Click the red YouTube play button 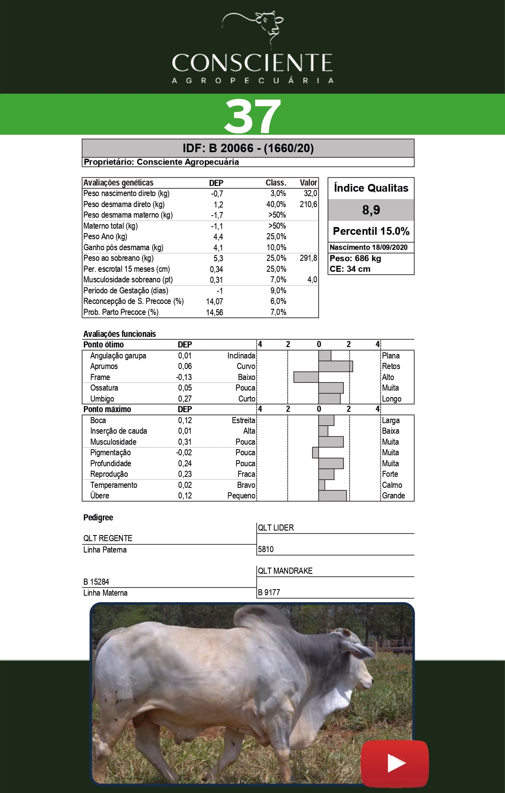394,763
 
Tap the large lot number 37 252,116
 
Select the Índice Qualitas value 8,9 371,210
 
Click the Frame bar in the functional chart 306,377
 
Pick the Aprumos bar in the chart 336,366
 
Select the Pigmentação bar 315,452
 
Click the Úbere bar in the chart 332,496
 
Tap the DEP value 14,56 214,312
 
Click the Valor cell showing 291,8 308,258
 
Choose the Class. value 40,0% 276,204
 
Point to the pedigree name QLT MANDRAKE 285,571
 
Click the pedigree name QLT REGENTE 108,538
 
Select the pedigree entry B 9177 269,592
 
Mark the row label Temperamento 114,485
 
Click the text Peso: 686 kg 355,258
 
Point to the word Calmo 392,485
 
